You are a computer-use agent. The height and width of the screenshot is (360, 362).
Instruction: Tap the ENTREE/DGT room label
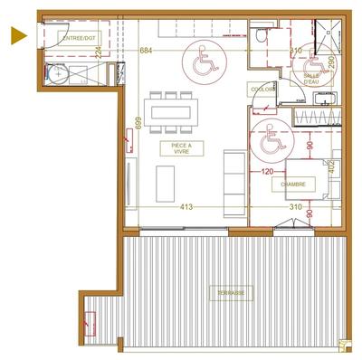point(76,38)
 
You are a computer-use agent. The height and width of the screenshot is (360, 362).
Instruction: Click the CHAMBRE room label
point(292,184)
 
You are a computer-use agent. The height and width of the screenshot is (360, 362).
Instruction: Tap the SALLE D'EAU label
point(312,80)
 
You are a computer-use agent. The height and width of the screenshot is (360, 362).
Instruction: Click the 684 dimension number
point(147,52)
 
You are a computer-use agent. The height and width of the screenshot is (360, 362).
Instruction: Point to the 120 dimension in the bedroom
point(267,169)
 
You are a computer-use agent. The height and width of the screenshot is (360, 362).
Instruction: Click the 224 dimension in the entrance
point(123,53)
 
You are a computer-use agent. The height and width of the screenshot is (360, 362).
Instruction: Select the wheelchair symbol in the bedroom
point(271,137)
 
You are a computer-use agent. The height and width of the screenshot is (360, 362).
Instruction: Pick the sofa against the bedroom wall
point(234,175)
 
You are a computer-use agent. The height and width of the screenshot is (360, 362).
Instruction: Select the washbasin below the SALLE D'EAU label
point(316,114)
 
